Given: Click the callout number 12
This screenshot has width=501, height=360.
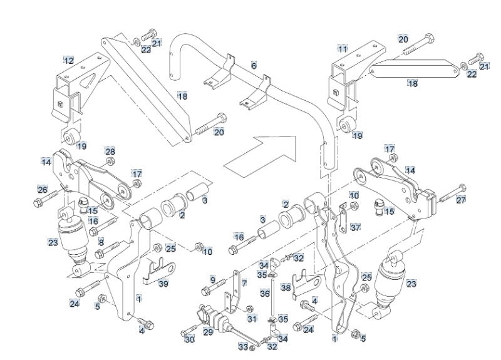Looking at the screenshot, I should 68,61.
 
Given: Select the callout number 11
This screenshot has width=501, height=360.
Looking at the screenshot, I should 342,48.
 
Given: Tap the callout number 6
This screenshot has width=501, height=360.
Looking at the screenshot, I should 254,65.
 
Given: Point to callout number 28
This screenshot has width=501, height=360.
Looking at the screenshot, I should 110,152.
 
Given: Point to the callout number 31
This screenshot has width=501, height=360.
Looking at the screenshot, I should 252,319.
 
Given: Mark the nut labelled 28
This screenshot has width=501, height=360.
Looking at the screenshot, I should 110,162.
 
